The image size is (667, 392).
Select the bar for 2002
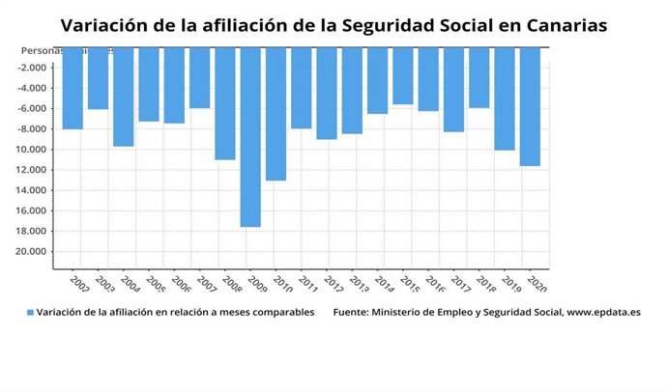pyautogui.click(x=72, y=88)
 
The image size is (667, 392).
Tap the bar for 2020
pyautogui.click(x=530, y=106)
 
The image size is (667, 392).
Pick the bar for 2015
pyautogui.click(x=403, y=75)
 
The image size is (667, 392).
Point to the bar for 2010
pyautogui.click(x=275, y=113)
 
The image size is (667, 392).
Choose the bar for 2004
pyautogui.click(x=123, y=97)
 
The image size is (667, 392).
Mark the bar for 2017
pyautogui.click(x=453, y=89)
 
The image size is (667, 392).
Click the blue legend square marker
pyautogui.click(x=30, y=313)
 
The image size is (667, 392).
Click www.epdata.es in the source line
pyautogui.click(x=603, y=313)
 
